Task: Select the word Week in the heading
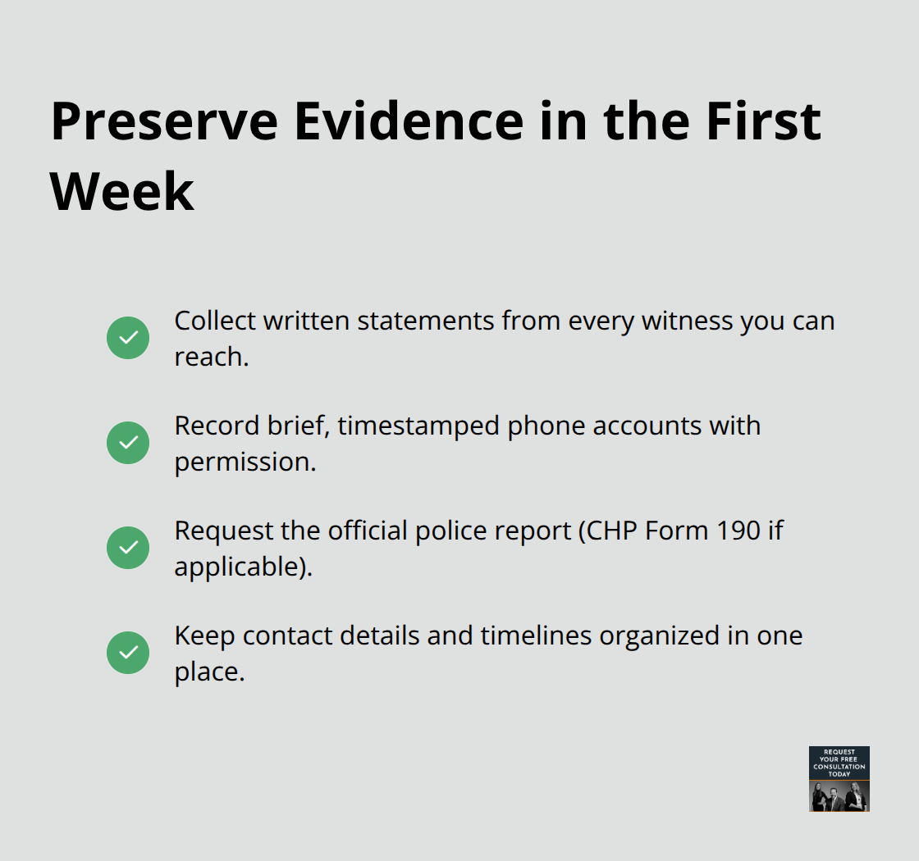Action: point(122,193)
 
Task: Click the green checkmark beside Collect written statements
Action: point(128,338)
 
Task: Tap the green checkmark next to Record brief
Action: point(128,443)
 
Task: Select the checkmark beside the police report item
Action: point(128,548)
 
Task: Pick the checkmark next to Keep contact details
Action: point(128,653)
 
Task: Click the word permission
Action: point(244,462)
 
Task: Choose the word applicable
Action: point(237,567)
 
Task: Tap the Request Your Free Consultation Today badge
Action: point(839,778)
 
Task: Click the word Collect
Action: point(214,321)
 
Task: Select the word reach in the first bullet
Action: point(208,357)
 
